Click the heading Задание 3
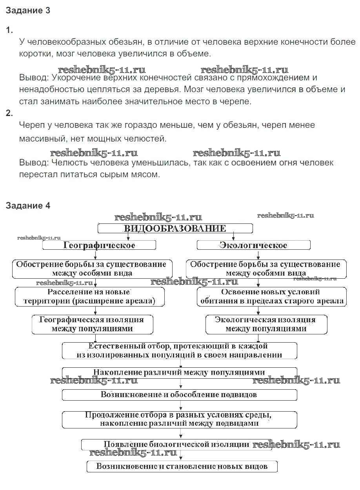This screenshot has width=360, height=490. (28, 11)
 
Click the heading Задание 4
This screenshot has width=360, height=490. (28, 205)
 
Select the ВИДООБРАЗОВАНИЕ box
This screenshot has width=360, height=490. (175, 229)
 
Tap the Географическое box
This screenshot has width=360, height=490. (99, 245)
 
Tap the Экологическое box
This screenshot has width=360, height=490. (253, 245)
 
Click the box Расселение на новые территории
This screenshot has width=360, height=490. (89, 297)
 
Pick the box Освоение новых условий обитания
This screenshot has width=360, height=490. (271, 297)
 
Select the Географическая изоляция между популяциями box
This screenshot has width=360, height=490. (92, 324)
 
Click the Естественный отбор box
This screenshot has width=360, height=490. (179, 350)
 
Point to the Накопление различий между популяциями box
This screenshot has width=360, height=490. (179, 372)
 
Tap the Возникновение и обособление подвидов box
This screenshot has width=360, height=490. (179, 394)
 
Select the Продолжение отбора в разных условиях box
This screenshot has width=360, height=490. (179, 419)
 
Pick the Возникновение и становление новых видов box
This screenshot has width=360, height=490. (182, 466)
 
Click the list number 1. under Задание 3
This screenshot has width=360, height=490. (9, 30)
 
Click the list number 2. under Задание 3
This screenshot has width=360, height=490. (9, 113)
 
